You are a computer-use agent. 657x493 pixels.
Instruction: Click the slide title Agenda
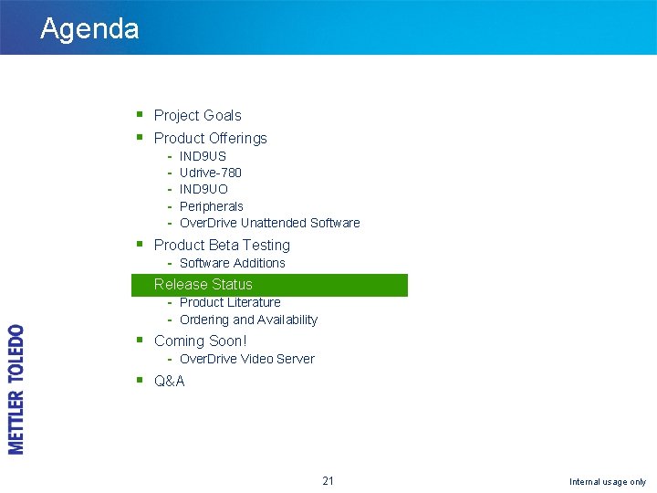(x=89, y=28)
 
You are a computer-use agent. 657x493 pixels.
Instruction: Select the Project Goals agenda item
(x=197, y=115)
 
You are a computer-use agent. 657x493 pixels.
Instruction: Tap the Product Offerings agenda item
(x=210, y=138)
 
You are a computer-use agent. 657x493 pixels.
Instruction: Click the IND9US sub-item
(x=203, y=156)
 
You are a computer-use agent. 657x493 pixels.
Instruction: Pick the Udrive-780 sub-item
(x=210, y=173)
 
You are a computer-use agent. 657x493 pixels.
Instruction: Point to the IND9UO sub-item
(x=203, y=189)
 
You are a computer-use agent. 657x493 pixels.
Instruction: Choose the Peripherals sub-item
(x=211, y=206)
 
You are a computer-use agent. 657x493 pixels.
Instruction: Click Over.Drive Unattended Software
(x=269, y=223)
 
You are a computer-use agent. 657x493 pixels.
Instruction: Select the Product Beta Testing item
(x=222, y=245)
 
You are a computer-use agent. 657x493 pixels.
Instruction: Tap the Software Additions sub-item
(x=232, y=263)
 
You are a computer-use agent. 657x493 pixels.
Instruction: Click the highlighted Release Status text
(x=203, y=284)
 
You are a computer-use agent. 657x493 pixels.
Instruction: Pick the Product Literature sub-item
(x=230, y=302)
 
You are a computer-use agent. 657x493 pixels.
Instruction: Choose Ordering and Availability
(x=248, y=320)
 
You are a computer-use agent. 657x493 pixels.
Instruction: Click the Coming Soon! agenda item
(x=200, y=341)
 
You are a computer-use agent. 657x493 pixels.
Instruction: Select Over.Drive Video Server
(x=246, y=359)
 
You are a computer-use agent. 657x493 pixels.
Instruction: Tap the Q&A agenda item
(x=169, y=381)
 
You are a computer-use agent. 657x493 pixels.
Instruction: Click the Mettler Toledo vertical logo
(x=16, y=389)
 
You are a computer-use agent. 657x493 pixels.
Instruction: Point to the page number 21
(x=328, y=480)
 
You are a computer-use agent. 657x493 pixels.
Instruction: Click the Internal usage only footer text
(x=607, y=481)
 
